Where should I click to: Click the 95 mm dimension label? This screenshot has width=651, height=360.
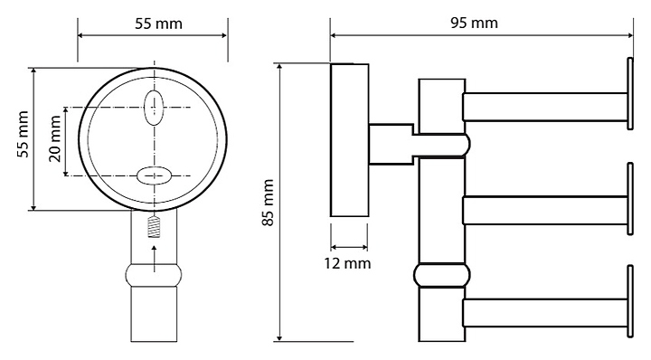coord(474,23)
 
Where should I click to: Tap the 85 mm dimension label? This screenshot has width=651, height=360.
coord(269,203)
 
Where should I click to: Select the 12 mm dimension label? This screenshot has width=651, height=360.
coord(347,263)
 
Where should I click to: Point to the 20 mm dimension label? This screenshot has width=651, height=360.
coord(55,138)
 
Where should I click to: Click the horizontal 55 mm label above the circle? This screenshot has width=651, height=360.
coord(158,24)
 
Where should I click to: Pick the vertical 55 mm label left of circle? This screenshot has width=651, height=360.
coord(24,134)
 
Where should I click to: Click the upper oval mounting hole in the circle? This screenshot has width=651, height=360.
coord(154,107)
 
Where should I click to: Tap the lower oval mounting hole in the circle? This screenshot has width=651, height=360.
coord(154,175)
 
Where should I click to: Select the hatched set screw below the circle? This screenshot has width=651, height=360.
coord(154,228)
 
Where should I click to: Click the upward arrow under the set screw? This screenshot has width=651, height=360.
coord(154,259)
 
